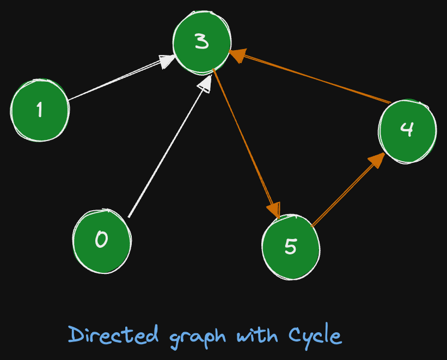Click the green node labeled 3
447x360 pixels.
(201, 42)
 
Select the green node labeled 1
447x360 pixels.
(40, 110)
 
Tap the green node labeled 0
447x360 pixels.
(102, 240)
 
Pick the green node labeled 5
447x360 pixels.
(291, 247)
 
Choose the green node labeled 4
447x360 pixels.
(407, 130)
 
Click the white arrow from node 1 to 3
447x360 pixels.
(114, 80)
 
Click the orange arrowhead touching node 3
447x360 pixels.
(236, 55)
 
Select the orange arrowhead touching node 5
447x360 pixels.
(274, 210)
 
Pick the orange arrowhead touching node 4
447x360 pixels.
(376, 160)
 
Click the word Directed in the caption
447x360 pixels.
(114, 335)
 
